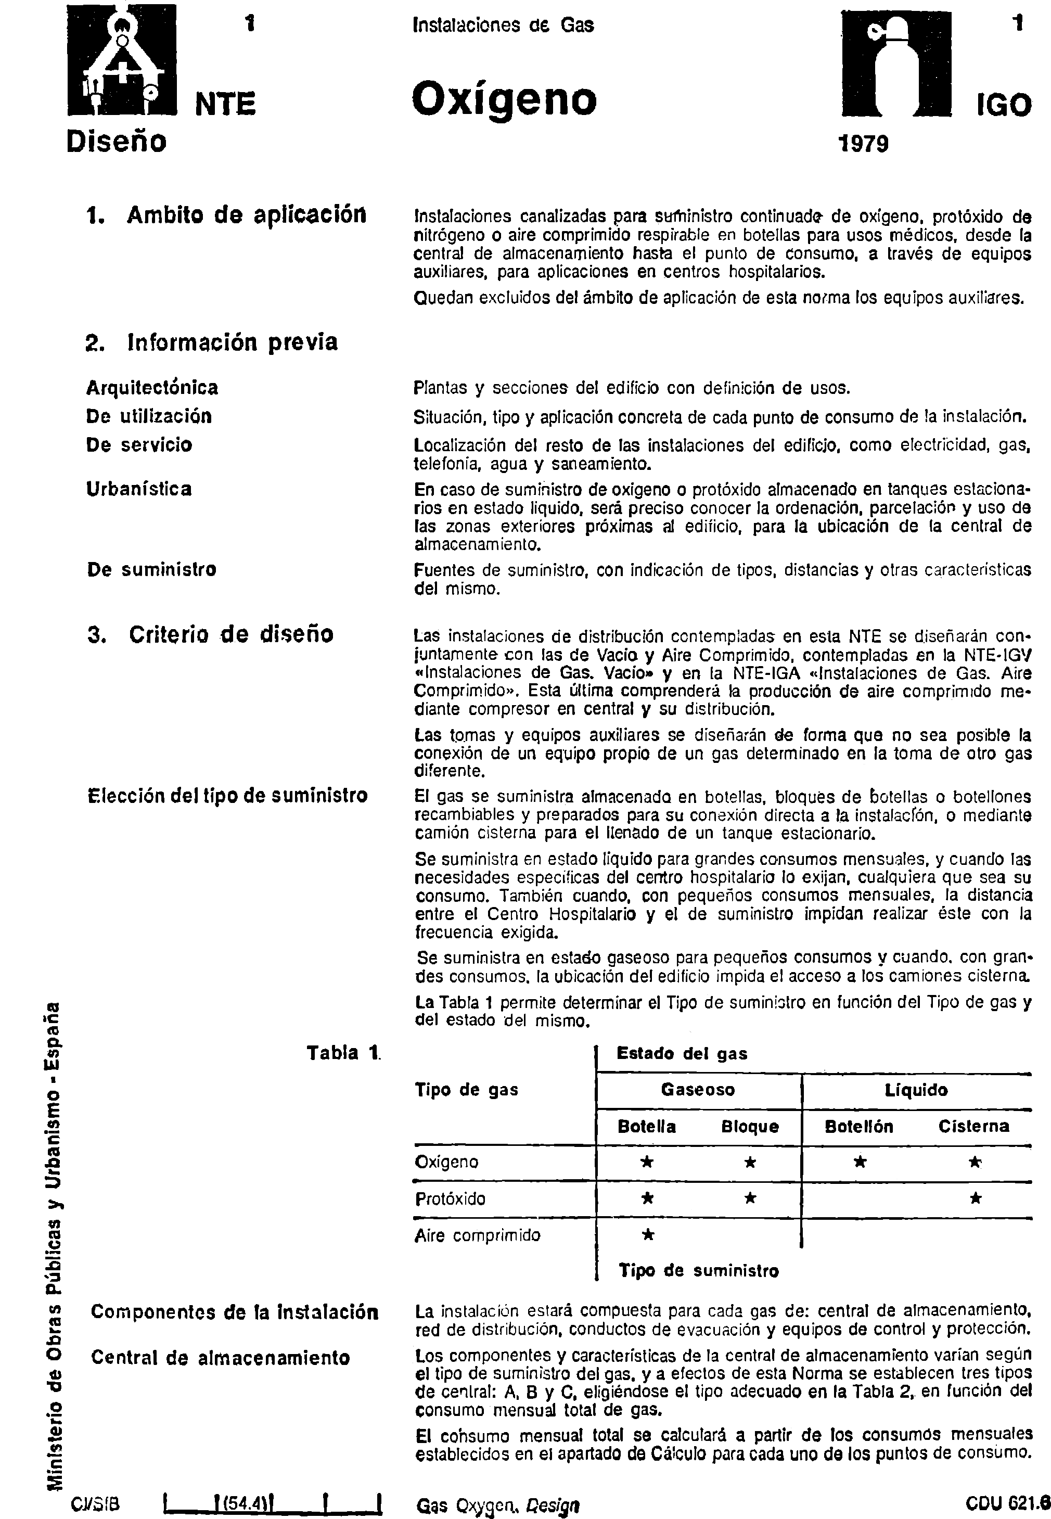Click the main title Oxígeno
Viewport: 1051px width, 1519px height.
[504, 100]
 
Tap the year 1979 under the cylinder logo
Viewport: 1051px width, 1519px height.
[863, 143]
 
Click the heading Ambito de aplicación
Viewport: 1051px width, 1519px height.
[226, 215]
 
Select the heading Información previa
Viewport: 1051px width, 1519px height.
[212, 342]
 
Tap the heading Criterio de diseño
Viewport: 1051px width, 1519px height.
[210, 633]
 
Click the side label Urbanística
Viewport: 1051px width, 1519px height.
[139, 489]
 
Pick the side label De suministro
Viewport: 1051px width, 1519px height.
[151, 569]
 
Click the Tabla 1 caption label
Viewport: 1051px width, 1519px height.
[343, 1053]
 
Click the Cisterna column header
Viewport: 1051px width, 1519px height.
[973, 1126]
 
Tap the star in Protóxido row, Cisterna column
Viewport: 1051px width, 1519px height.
[975, 1198]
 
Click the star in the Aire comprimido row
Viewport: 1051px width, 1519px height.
[647, 1235]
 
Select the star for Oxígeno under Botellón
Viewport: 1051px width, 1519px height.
[860, 1162]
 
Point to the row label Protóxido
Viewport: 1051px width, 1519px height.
[450, 1199]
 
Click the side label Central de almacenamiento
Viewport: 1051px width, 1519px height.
[220, 1358]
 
